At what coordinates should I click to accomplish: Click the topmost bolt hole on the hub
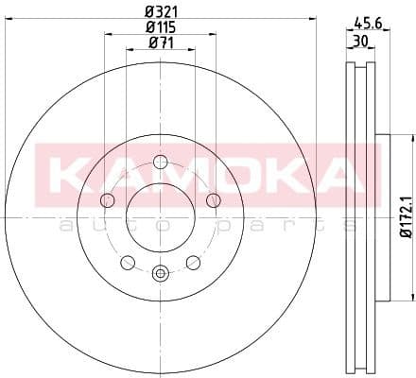(160, 162)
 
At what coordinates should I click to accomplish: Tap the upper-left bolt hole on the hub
(107, 200)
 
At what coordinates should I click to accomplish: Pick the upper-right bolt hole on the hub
(213, 200)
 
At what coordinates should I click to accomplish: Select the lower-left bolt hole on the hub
(127, 262)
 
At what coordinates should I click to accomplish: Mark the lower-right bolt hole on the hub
(193, 262)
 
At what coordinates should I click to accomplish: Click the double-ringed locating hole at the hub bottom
(160, 273)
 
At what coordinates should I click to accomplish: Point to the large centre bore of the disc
(160, 216)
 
